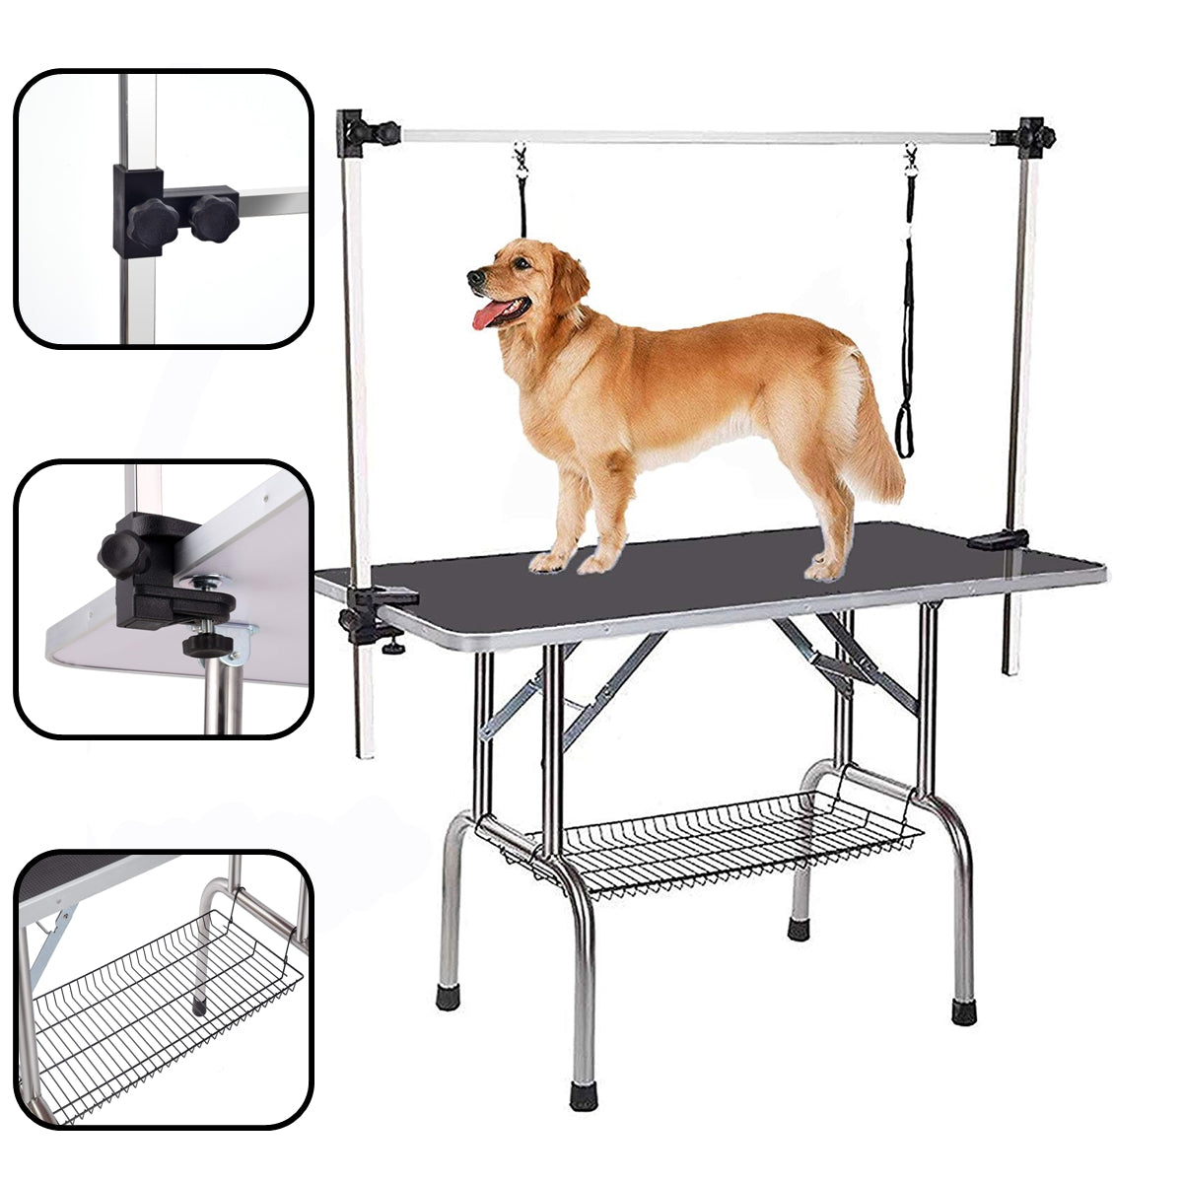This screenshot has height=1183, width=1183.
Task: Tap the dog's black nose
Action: point(474,277)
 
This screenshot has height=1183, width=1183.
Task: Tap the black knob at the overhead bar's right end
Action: point(1034,135)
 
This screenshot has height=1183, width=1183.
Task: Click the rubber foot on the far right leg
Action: point(963,1011)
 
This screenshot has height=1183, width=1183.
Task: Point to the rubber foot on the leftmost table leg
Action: point(448,997)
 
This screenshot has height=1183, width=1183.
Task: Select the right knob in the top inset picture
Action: point(214,215)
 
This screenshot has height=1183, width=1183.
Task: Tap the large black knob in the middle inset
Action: point(122,556)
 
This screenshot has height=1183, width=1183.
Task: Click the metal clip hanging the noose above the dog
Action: point(520,158)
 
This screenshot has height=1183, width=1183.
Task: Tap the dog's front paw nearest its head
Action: point(547,562)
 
